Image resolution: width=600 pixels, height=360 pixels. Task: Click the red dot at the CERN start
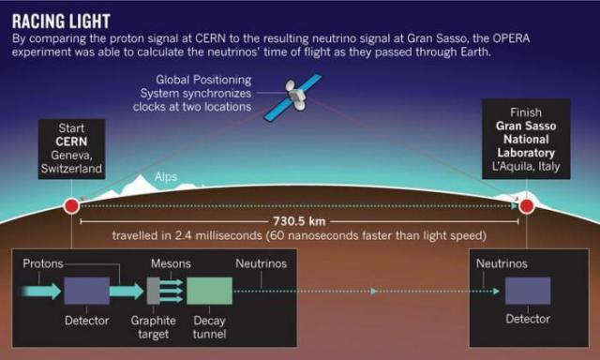tap(71, 205)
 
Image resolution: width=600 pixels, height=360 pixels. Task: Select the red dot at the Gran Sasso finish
tap(527, 205)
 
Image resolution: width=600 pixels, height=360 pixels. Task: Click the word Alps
tap(166, 175)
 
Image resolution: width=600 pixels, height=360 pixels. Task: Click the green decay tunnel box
tap(209, 292)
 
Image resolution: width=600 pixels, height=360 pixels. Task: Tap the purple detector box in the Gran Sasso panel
tap(527, 292)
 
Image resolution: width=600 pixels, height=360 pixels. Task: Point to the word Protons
tap(43, 263)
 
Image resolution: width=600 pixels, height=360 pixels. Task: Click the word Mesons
tap(171, 263)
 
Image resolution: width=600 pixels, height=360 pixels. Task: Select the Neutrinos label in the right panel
tap(506, 263)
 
